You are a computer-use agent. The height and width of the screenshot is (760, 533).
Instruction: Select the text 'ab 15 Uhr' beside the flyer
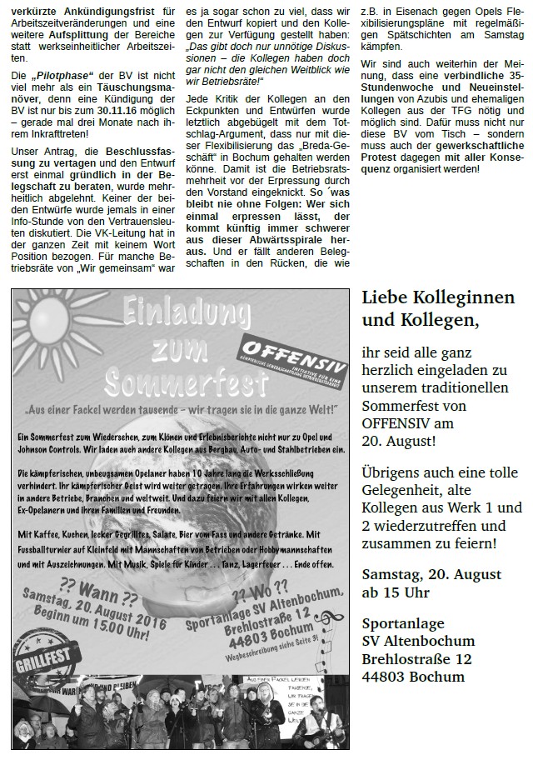click(x=396, y=592)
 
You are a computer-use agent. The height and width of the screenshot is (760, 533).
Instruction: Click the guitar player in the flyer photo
click(x=316, y=717)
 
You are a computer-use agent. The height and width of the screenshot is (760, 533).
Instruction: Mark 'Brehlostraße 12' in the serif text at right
click(x=416, y=658)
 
